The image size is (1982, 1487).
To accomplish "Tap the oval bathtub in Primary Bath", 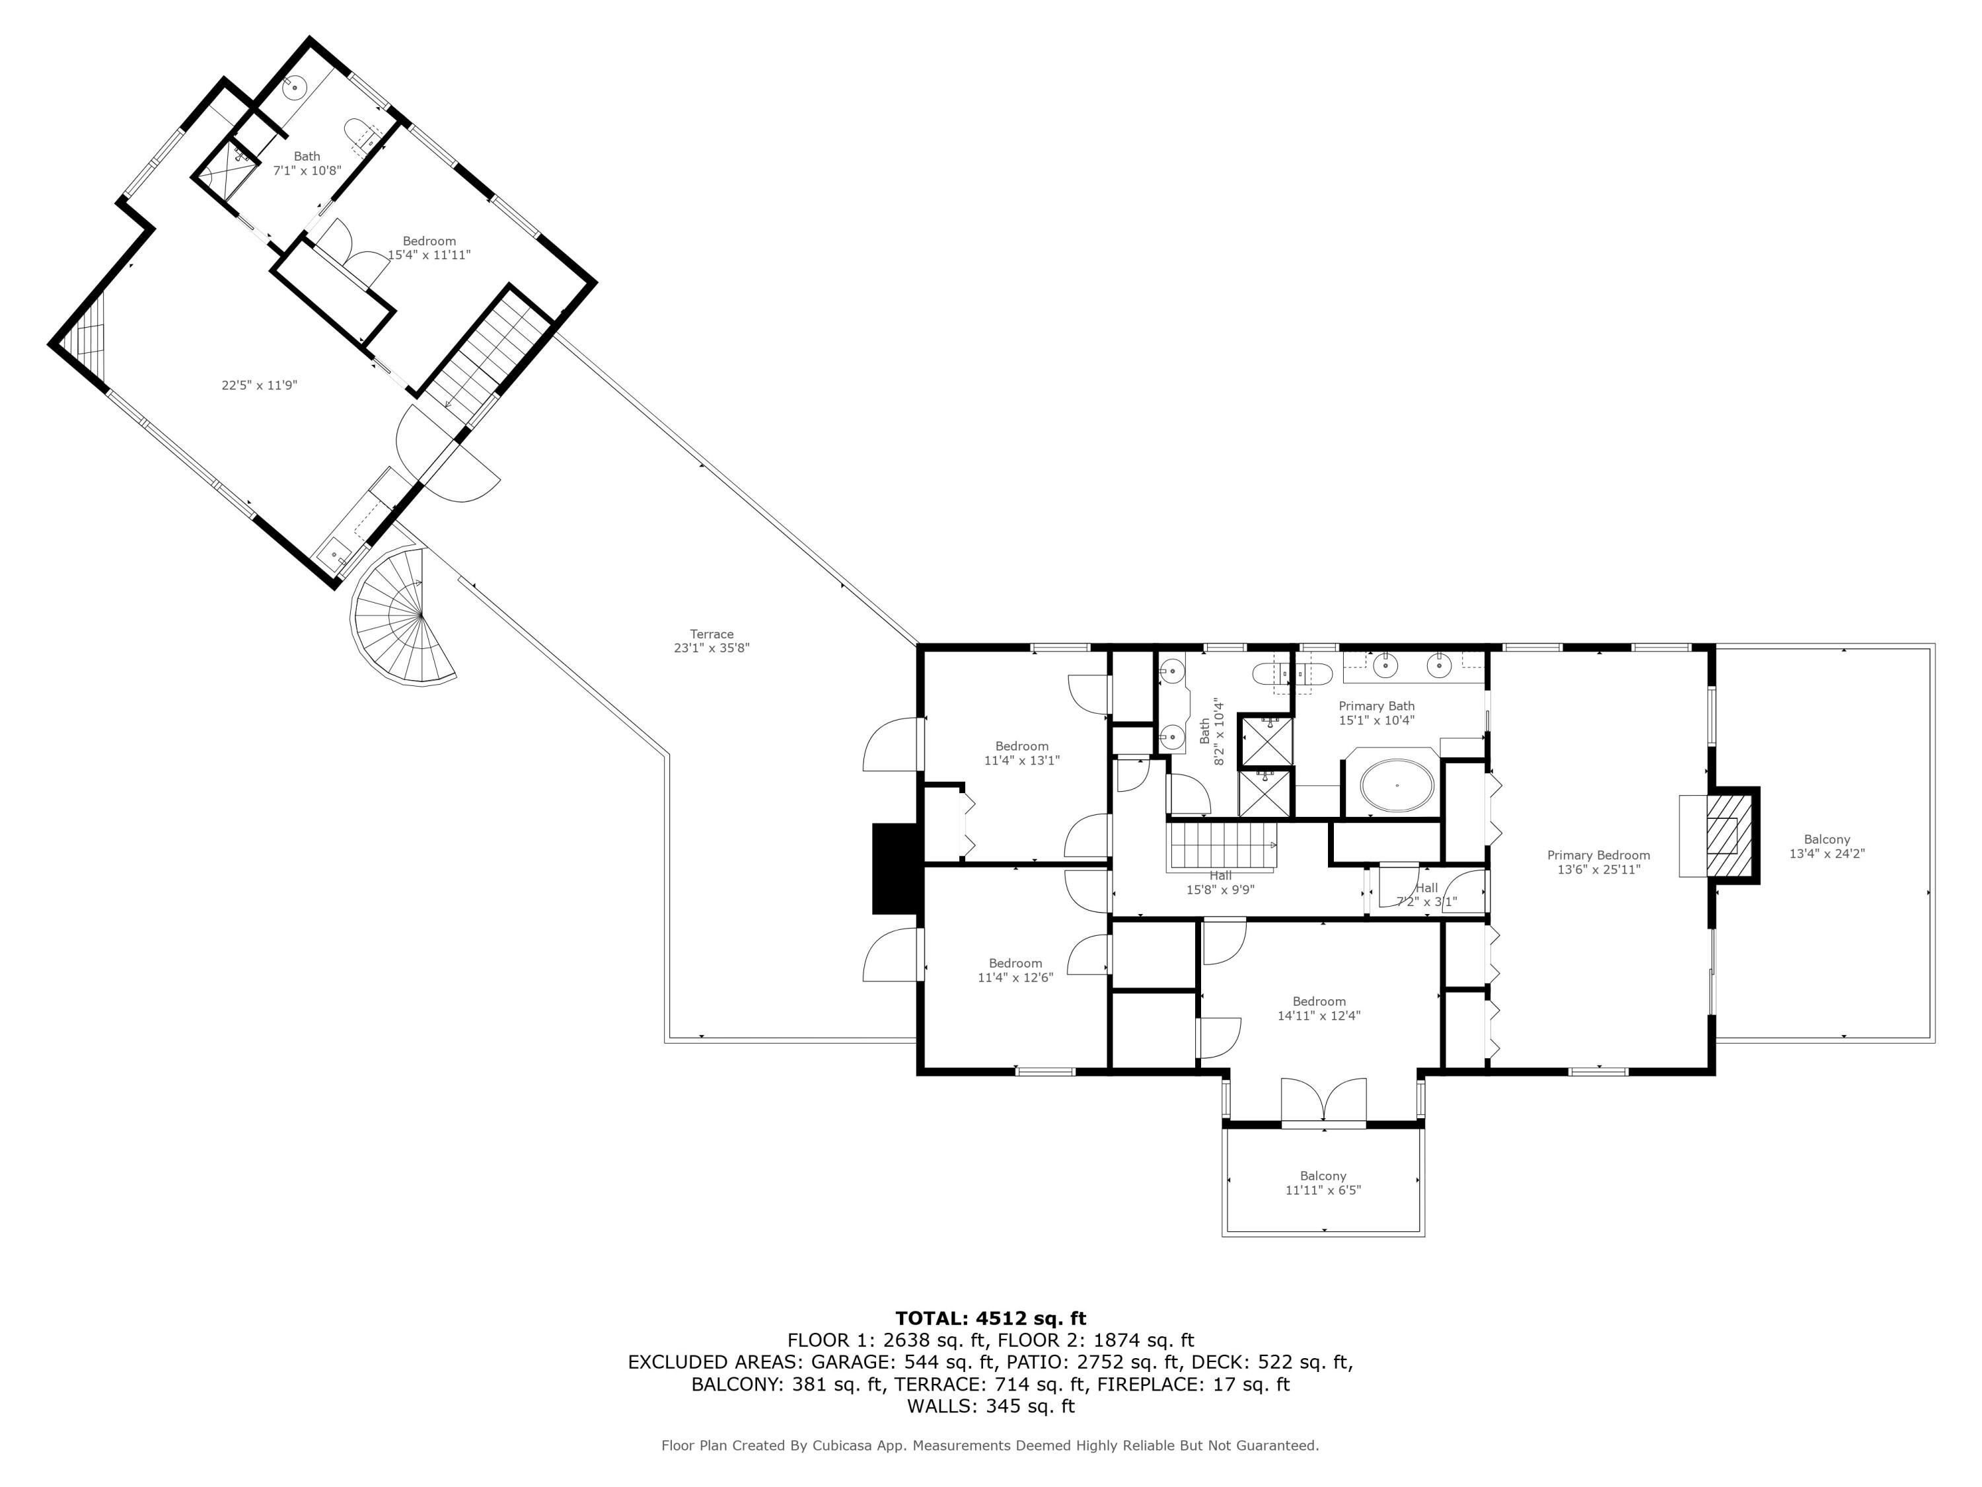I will click(x=1397, y=786).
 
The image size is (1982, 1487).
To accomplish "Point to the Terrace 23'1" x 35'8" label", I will click(x=712, y=641).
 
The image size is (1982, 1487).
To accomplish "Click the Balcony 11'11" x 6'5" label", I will click(x=1323, y=1183).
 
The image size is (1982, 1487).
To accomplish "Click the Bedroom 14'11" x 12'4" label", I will click(x=1319, y=1009).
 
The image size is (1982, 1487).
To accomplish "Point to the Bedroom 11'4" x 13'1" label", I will click(x=1021, y=753).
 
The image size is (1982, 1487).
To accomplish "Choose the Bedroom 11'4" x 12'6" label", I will click(x=1015, y=971).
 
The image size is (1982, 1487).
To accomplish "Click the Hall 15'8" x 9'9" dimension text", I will click(x=1220, y=890).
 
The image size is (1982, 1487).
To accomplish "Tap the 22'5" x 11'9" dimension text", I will click(x=259, y=385).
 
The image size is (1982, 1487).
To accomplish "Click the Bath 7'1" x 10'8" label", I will click(x=307, y=163).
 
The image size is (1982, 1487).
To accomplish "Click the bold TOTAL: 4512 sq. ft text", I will click(x=990, y=1318).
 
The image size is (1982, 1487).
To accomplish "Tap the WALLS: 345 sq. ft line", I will click(x=990, y=1406).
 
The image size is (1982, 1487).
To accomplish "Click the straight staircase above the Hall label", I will click(x=1220, y=845).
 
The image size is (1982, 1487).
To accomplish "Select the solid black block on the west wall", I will click(x=896, y=868).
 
